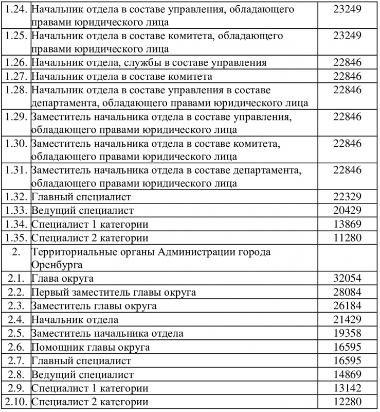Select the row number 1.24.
(x=16, y=10)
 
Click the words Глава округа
(x=62, y=279)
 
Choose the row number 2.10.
(x=16, y=402)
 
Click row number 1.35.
(x=16, y=238)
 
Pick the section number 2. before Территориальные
(x=16, y=252)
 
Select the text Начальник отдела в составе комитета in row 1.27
(x=121, y=77)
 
